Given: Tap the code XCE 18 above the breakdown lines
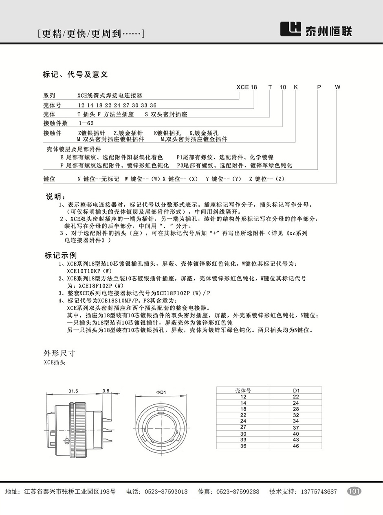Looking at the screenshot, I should point(247,87).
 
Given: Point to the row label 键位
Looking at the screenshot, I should point(49,179).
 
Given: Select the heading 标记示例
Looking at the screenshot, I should point(61,255).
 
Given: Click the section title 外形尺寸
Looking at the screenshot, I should point(59,353).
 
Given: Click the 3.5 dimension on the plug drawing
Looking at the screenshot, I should point(106,391).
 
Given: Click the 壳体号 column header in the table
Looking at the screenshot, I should point(243,391).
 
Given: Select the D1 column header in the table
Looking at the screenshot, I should point(296,391).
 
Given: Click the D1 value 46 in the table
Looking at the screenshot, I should point(296,446).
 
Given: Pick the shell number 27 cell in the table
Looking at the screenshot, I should point(243,427).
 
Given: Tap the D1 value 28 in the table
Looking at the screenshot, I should point(296,409).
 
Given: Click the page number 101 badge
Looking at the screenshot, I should point(354,491).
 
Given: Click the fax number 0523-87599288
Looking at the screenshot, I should point(238,492).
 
